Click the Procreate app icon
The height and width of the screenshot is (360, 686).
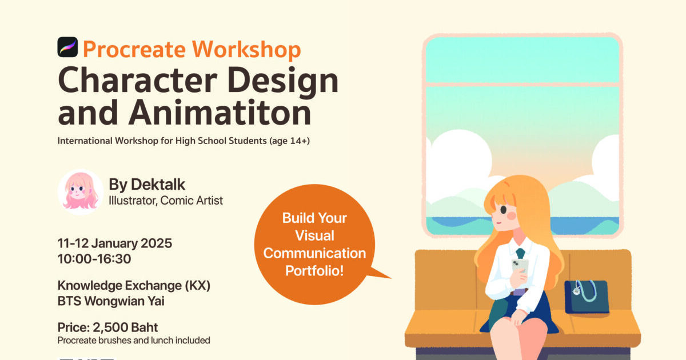[67, 47]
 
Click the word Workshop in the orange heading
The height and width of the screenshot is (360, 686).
[246, 49]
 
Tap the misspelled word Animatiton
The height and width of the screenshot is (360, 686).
[220, 112]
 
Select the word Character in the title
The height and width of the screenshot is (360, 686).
[138, 80]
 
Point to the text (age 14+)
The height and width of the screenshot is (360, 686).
[289, 141]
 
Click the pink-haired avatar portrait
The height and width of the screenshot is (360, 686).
[81, 192]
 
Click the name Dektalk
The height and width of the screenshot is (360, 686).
[158, 184]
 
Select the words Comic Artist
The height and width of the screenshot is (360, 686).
[192, 201]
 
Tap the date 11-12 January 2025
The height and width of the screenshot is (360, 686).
[115, 243]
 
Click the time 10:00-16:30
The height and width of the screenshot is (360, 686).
[94, 259]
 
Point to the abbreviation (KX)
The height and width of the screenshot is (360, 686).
[198, 286]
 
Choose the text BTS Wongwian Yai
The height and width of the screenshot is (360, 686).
[111, 301]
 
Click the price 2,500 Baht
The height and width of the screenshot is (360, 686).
[125, 327]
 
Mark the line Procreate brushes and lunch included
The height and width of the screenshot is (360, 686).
[134, 341]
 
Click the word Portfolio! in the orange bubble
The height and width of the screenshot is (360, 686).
[314, 271]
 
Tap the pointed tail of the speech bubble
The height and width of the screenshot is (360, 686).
[390, 278]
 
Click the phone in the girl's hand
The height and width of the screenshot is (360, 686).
[520, 266]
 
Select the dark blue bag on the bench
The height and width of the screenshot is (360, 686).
[587, 297]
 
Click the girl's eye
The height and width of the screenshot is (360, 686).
[504, 210]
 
